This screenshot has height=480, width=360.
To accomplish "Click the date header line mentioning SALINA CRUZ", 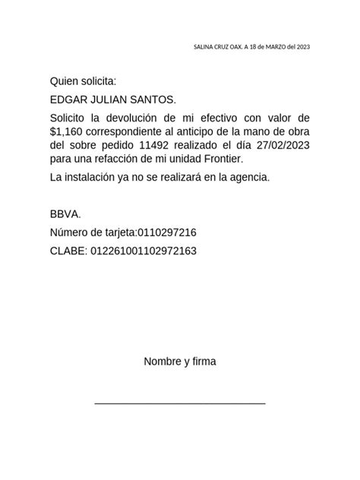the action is pos(252,46).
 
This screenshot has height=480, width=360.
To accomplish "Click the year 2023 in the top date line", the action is pos(302,46).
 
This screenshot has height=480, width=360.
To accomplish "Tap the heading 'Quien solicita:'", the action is pos(83,81).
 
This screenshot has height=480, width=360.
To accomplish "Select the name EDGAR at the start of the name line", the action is pos(68,99).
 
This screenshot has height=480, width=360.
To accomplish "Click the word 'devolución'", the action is pos(128,119).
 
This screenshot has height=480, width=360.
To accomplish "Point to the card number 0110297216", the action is pos(167,232).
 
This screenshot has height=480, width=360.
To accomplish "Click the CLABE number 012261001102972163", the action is pos(144,251).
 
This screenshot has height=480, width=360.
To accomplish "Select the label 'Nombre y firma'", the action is pos(180,362).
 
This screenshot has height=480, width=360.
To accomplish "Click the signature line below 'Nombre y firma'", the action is pos(180,403).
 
